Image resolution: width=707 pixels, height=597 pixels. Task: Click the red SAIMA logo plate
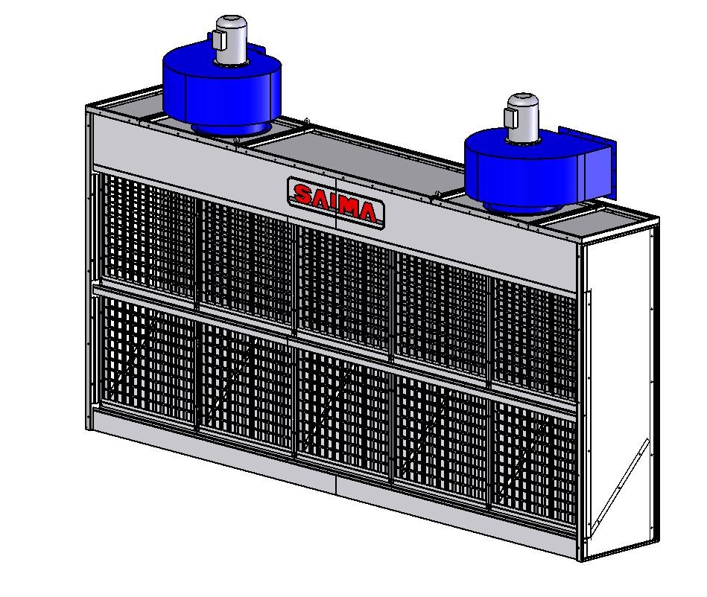pyautogui.click(x=336, y=202)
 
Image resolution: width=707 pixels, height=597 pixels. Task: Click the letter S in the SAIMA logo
pyautogui.click(x=303, y=194)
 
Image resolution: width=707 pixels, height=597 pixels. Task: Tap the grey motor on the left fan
pyautogui.click(x=231, y=39)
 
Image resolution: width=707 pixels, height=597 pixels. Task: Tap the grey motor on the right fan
pyautogui.click(x=523, y=117)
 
